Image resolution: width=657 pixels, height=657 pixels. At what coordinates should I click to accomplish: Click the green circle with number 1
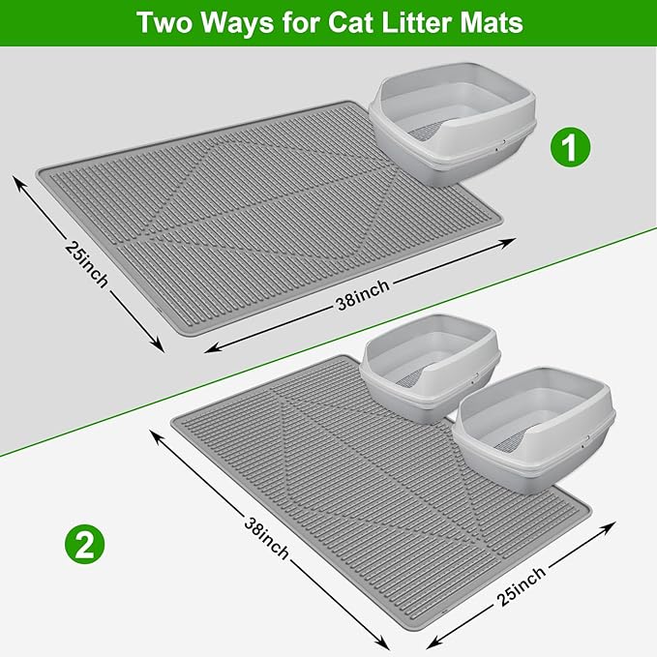pyautogui.click(x=570, y=148)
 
